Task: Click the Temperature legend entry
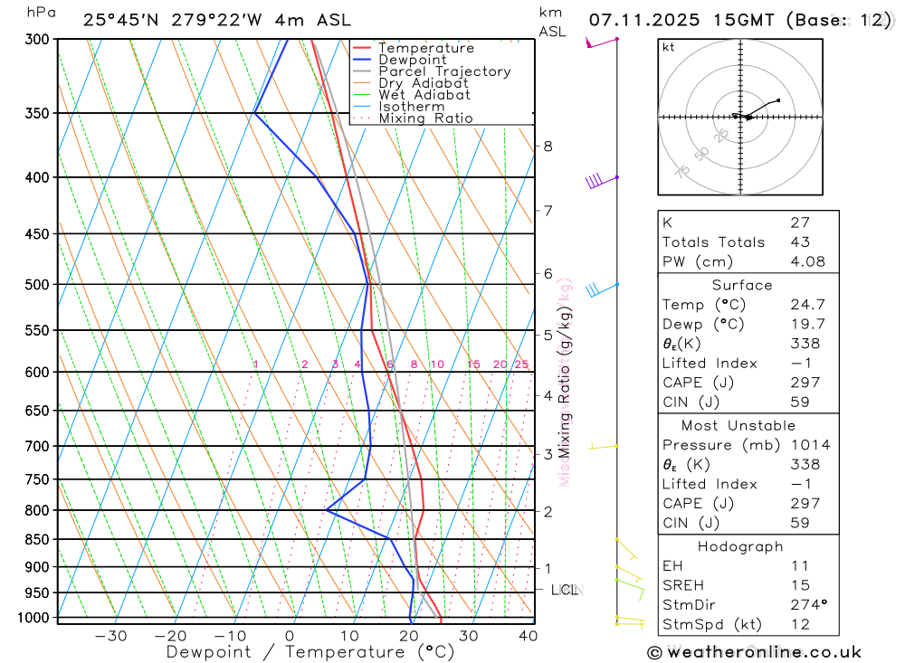pos(425,48)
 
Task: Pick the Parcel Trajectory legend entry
pos(444,71)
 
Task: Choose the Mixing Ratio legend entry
pos(425,118)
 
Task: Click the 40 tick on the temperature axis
pos(528,636)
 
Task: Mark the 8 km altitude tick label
pos(548,147)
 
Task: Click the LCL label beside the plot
pos(565,591)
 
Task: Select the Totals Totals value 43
pos(800,242)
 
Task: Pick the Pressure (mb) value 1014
pos(809,445)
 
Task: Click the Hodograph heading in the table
pos(741,546)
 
